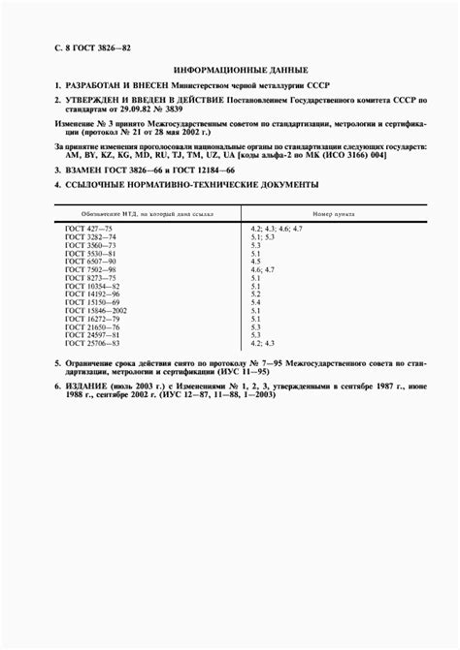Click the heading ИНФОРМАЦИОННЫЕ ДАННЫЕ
pyautogui.click(x=240, y=70)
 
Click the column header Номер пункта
pyautogui.click(x=334, y=212)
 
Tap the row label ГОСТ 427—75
pyautogui.click(x=89, y=228)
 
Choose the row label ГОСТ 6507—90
pyautogui.click(x=90, y=262)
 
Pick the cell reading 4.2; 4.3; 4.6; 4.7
pyautogui.click(x=277, y=228)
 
